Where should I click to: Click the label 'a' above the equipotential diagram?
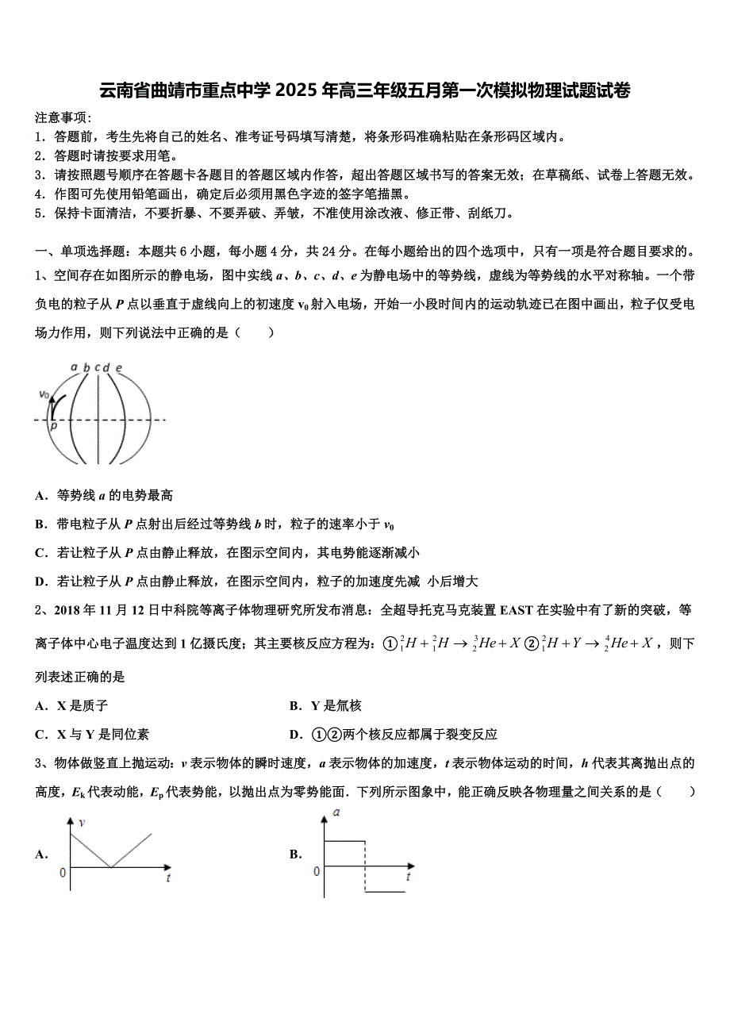(74, 367)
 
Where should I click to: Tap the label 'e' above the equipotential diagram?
(118, 367)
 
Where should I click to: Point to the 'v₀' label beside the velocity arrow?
(44, 394)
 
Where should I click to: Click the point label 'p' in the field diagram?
(54, 426)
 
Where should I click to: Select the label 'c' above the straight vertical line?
(97, 367)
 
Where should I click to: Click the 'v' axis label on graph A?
(81, 823)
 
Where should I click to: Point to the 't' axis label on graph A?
(168, 877)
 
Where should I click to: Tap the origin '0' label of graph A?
(63, 873)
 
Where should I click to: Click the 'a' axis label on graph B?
(337, 812)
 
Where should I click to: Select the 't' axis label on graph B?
(408, 877)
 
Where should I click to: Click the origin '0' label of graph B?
(316, 871)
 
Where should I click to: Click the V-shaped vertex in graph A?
(111, 867)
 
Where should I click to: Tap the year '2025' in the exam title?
(298, 90)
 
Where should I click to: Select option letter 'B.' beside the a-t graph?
(296, 854)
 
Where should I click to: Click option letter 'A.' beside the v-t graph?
(42, 854)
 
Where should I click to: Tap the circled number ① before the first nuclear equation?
(389, 643)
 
